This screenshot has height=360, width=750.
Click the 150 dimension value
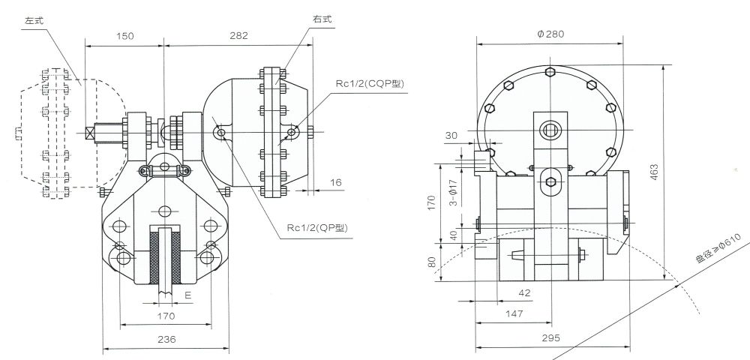click(126, 35)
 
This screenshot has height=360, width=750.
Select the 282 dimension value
click(238, 35)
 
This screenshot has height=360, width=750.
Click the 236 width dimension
click(166, 340)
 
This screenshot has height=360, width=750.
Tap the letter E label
click(187, 296)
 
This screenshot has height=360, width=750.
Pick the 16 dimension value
click(334, 182)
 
